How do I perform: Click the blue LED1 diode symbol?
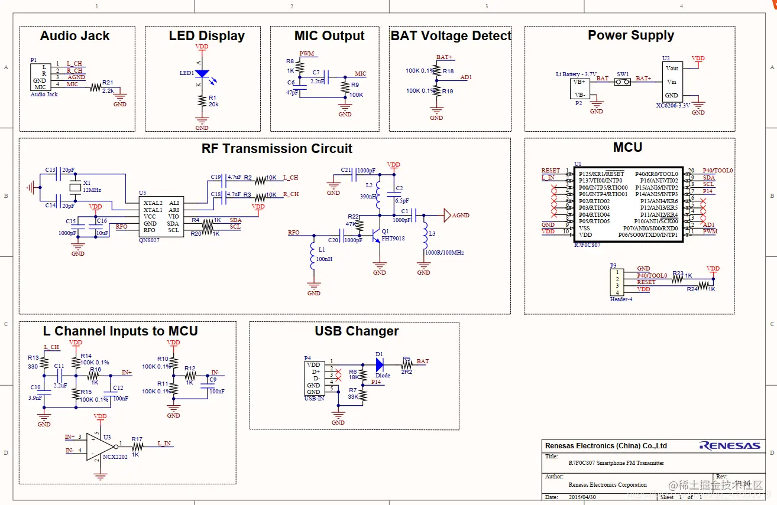(202, 74)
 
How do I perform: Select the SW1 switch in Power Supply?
(622, 82)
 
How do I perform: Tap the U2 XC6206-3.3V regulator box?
(672, 82)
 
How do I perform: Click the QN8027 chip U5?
(161, 216)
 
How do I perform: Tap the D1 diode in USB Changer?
(379, 364)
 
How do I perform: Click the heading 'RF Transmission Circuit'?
(277, 149)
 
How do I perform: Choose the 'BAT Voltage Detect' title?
(451, 36)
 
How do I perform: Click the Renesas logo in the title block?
(730, 446)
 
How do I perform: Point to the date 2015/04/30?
(583, 497)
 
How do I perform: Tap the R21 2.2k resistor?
(96, 87)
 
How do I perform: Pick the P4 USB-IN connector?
(314, 378)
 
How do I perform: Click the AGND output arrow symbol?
(447, 215)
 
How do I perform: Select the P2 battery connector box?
(579, 88)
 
